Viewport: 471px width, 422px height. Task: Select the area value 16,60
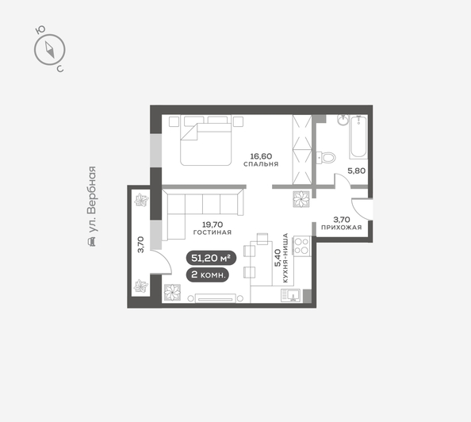coord(262,156)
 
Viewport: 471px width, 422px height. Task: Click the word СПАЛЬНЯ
coord(262,165)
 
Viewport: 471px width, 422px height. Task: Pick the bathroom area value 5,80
coord(357,169)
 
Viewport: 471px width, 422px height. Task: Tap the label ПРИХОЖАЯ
coord(342,228)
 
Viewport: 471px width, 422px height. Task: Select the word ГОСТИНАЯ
coord(212,232)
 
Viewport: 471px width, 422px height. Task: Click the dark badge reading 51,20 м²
coord(212,257)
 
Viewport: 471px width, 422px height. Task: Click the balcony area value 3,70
coord(141,244)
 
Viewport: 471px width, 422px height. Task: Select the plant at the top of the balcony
coord(141,200)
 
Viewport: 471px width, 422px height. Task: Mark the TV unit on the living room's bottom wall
coord(217,299)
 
